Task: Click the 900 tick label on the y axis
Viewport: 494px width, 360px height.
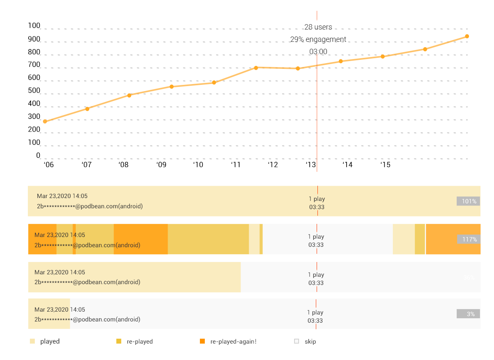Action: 34,39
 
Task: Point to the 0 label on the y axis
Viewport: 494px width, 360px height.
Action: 38,155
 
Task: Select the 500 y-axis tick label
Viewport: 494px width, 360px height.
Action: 34,91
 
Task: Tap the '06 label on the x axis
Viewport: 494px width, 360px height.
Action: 48,165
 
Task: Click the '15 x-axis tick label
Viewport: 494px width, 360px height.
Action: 385,165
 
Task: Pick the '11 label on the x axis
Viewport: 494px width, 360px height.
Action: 236,165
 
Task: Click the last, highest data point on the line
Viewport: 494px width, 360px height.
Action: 467,36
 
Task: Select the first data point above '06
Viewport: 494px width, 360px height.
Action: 45,121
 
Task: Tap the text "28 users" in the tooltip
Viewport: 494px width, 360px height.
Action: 318,27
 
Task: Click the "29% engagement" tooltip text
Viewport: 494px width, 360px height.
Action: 318,39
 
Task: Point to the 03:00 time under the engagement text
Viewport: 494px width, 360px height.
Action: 318,52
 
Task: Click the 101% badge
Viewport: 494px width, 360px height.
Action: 468,201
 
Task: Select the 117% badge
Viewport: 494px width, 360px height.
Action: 468,239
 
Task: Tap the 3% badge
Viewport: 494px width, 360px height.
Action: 468,314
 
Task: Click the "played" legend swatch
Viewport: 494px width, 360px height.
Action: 32,341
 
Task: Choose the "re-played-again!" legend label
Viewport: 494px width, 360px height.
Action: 233,341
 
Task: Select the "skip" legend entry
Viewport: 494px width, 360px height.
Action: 310,341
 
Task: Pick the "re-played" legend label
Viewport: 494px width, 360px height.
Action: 140,341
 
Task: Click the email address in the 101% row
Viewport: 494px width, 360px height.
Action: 90,206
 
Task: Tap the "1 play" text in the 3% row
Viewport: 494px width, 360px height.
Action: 315,312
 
